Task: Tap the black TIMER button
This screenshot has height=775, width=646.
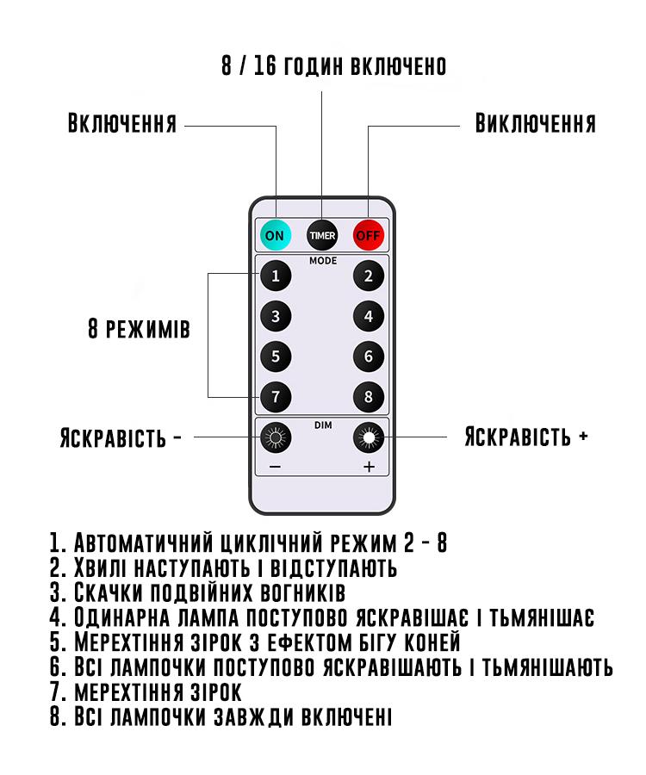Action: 323,234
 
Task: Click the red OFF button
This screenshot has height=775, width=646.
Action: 369,234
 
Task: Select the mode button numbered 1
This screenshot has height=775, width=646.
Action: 276,276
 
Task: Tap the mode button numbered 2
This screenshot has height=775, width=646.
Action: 369,276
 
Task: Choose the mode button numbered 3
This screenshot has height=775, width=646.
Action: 276,316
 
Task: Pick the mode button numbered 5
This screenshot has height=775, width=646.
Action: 276,356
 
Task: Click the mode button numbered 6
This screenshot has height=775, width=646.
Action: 369,356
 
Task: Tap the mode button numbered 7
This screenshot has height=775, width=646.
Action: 276,396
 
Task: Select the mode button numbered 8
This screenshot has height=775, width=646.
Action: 369,396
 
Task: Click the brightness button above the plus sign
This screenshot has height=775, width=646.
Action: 369,438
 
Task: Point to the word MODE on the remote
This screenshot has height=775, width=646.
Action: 323,260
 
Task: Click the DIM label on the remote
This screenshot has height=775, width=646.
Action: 323,424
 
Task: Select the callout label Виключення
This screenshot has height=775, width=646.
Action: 535,123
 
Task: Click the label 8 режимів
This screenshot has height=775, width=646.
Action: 139,330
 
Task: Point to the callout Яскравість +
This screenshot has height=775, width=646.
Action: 526,436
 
